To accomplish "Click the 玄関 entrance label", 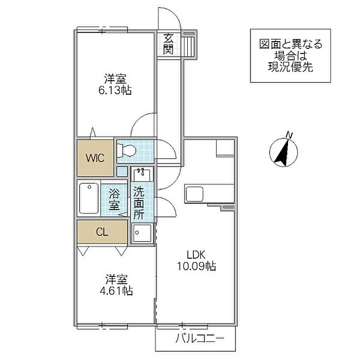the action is tap(168, 44).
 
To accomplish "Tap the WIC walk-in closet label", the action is tap(95, 158).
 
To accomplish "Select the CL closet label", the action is tap(102, 232).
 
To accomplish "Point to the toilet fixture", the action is tap(127, 151).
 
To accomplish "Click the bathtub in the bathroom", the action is tap(89, 198).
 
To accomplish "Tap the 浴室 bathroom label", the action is tap(114, 200).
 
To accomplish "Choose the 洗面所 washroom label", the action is tap(139, 203).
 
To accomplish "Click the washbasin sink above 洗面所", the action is tap(142, 175).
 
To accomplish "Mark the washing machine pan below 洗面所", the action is tap(142, 232).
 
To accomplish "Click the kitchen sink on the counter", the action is tap(194, 194).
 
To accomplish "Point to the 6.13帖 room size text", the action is tap(115, 91).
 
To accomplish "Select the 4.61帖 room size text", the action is tap(116, 291).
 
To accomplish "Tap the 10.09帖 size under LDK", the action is tap(196, 266).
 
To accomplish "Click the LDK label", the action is tap(196, 255).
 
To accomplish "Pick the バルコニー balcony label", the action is tap(200, 338).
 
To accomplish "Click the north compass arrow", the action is tap(282, 152).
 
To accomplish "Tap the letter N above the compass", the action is tap(290, 135).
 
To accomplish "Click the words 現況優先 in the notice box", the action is tap(291, 67).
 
